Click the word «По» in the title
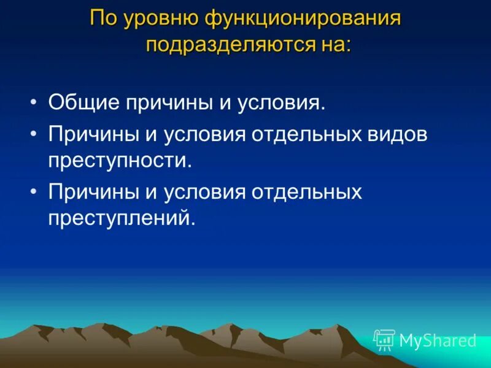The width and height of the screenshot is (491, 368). (103, 18)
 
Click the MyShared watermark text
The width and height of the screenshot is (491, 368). (438, 340)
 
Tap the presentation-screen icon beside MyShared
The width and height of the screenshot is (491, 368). (384, 339)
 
